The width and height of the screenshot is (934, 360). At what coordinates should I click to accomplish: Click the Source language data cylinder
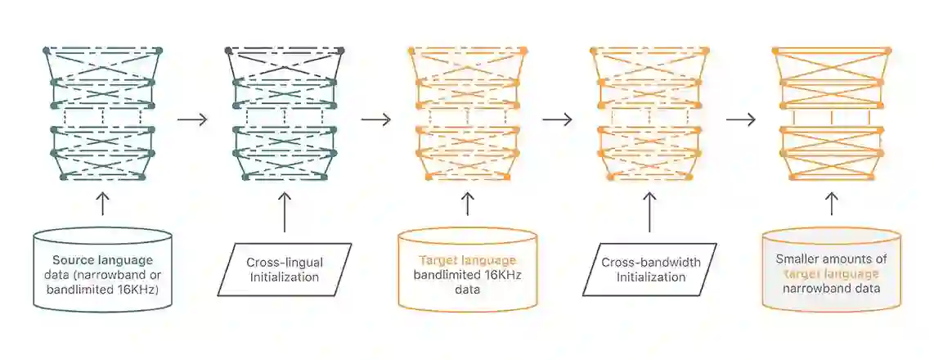tap(102, 270)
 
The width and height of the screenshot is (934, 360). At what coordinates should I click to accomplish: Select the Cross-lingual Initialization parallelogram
tap(284, 270)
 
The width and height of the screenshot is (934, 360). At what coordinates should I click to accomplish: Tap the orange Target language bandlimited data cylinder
tap(468, 270)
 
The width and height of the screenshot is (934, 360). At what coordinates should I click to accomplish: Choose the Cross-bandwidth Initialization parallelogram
tap(649, 270)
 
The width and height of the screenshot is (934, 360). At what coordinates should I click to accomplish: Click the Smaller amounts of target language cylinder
tap(832, 270)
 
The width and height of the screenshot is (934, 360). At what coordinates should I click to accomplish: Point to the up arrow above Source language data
tap(102, 204)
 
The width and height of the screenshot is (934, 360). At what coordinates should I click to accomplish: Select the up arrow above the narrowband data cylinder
tap(832, 204)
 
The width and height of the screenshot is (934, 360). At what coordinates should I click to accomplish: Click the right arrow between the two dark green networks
tap(192, 119)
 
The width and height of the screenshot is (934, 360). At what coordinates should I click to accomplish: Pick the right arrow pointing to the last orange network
tap(741, 119)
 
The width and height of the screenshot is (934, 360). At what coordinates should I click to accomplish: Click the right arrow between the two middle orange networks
tap(557, 119)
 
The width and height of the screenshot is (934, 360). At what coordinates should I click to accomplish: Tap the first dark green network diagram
tap(102, 114)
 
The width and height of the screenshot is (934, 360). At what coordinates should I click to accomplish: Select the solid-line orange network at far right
tap(832, 114)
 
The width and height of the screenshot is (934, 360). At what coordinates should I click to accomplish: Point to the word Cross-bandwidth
tap(649, 263)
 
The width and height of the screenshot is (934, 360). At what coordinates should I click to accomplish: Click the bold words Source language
tap(102, 260)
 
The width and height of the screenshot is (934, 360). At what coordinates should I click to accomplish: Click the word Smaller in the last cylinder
tap(797, 259)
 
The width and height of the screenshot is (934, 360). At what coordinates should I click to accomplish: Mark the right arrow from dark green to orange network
tap(376, 119)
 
